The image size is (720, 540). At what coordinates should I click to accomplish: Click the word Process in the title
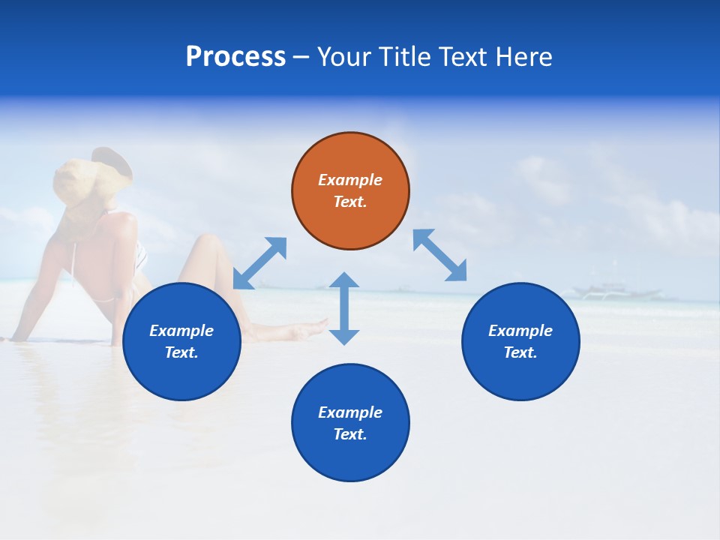pos(235,57)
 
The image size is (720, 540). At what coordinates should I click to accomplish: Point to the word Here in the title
pos(524,57)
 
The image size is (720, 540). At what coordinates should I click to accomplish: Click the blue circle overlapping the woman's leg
pos(181,341)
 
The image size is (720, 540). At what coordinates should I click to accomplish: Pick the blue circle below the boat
pos(520,341)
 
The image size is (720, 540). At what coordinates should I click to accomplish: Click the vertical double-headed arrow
pos(344,308)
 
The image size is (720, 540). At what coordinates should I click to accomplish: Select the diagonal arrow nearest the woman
pos(259,263)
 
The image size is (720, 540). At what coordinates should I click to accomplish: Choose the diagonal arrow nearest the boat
pos(439,255)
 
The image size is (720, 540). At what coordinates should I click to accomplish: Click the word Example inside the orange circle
pos(350,180)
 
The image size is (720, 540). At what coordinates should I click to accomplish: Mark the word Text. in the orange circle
pos(350,202)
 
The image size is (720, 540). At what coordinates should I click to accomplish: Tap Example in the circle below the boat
pos(520,331)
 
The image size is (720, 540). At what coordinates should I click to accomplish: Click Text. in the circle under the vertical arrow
pos(350,434)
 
